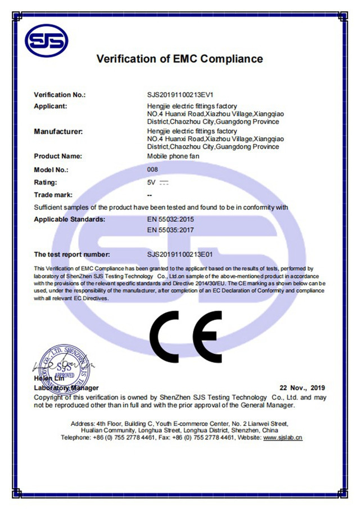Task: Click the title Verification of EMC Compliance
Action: (x=179, y=59)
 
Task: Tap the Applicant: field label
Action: (x=51, y=106)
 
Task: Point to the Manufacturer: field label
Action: (x=58, y=132)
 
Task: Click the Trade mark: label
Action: (x=54, y=195)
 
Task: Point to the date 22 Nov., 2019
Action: (x=303, y=388)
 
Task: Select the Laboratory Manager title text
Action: (x=66, y=388)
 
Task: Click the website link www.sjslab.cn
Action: (x=283, y=437)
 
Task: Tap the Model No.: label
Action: (x=51, y=169)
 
